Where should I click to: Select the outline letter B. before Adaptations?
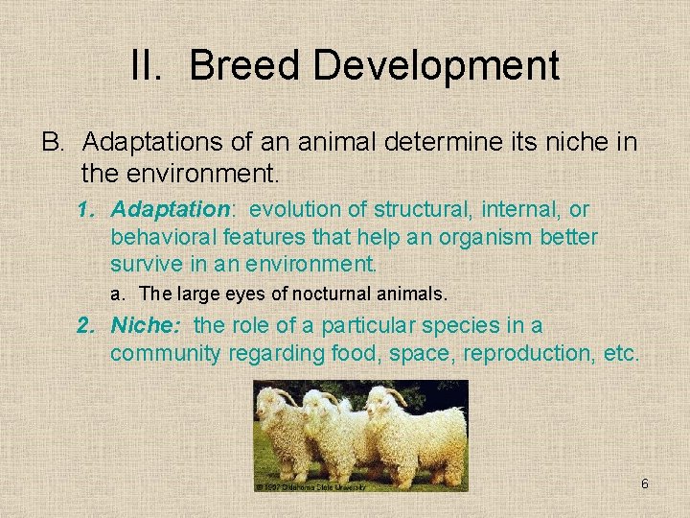[53, 143]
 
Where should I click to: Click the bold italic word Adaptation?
[171, 209]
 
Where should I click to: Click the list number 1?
[86, 209]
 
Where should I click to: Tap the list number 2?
[86, 326]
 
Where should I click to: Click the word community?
[165, 354]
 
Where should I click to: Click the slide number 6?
[645, 484]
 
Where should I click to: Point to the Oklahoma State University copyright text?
[311, 486]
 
